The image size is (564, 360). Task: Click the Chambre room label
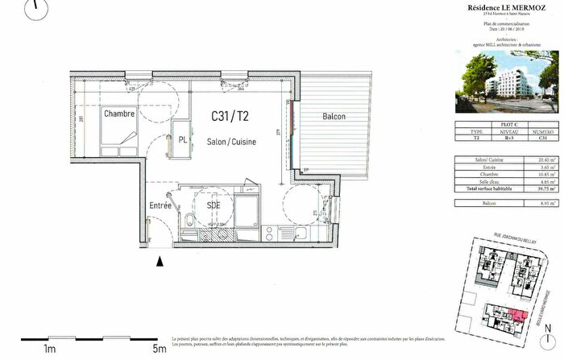118,114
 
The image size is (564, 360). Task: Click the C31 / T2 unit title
230,118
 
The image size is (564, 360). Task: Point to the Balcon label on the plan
334,117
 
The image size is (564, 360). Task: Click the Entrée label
160,206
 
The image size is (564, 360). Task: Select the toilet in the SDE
188,222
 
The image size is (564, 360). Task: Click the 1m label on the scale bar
49,349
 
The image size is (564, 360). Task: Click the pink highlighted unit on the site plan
516,315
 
